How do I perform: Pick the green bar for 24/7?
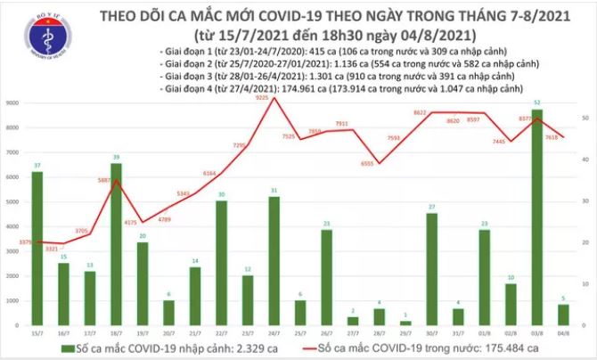pos(274,261)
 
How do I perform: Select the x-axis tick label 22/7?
pos(221,332)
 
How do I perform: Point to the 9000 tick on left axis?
pos(14,104)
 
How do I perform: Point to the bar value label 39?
pos(115,158)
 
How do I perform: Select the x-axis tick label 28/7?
pos(380,332)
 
